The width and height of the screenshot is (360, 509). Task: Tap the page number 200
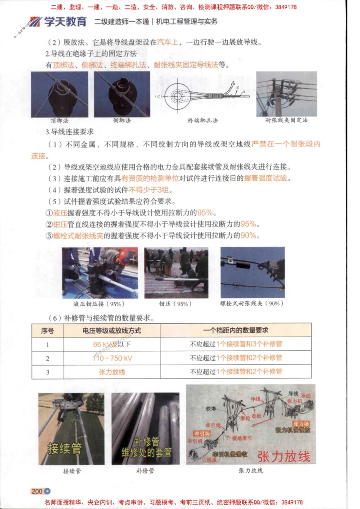click(x=37, y=491)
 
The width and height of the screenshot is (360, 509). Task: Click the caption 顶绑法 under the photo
click(x=59, y=121)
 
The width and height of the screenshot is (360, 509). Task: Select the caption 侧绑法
click(x=121, y=121)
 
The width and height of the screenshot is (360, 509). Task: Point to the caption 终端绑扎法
click(x=202, y=121)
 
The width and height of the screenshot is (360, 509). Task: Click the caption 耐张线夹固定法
click(x=287, y=121)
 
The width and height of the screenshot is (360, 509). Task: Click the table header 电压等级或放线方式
click(x=112, y=330)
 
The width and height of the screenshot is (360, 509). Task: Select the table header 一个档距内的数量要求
click(x=236, y=330)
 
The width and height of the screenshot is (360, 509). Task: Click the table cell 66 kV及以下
click(x=112, y=344)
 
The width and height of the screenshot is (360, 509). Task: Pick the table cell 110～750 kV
click(x=112, y=358)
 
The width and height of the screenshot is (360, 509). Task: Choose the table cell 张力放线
click(x=112, y=372)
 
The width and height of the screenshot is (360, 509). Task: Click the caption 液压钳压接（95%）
click(x=99, y=304)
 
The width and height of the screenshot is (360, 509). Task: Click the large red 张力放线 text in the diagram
click(x=284, y=455)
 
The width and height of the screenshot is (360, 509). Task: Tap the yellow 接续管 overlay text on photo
click(x=65, y=447)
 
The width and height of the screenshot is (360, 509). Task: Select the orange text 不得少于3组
click(x=148, y=189)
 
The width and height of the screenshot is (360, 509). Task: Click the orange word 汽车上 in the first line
click(x=168, y=43)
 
